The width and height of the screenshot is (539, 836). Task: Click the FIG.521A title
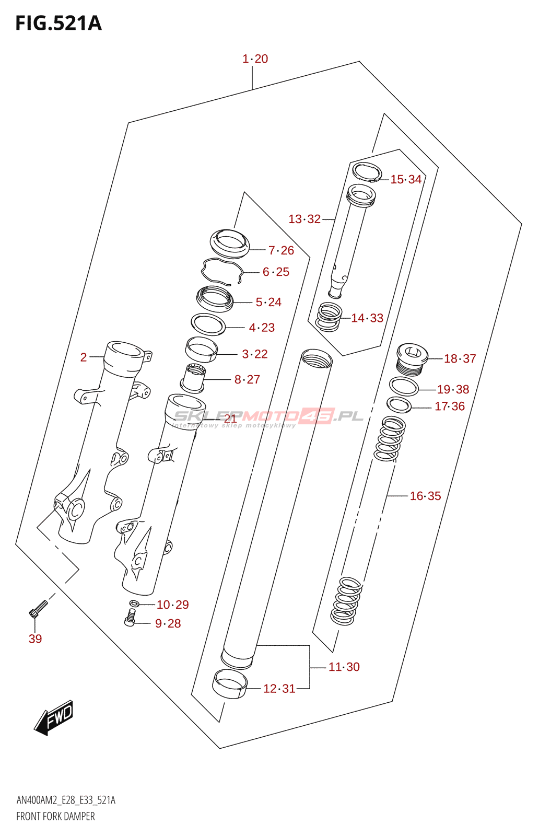point(58,24)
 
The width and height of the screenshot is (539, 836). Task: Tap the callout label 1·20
point(255,59)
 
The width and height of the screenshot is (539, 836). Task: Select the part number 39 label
point(35,638)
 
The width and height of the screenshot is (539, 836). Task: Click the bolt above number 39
point(38,608)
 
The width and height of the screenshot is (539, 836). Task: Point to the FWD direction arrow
point(54,717)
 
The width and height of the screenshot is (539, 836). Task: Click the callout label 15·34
point(406,179)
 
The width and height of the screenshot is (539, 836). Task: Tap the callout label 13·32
point(304,219)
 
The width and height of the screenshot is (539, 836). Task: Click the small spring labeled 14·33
point(330,317)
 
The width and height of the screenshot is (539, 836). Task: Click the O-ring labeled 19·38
point(404,387)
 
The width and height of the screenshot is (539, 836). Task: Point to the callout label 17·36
point(450,406)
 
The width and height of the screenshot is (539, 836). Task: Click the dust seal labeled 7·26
point(230,243)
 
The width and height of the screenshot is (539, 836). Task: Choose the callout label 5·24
point(268,302)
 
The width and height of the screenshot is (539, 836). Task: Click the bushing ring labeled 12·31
point(229,684)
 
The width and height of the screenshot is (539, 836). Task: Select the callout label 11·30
point(344,667)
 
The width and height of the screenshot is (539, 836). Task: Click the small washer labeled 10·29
point(134,604)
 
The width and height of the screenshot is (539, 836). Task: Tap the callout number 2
point(84,357)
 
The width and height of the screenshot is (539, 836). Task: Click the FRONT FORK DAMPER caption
point(55,816)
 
